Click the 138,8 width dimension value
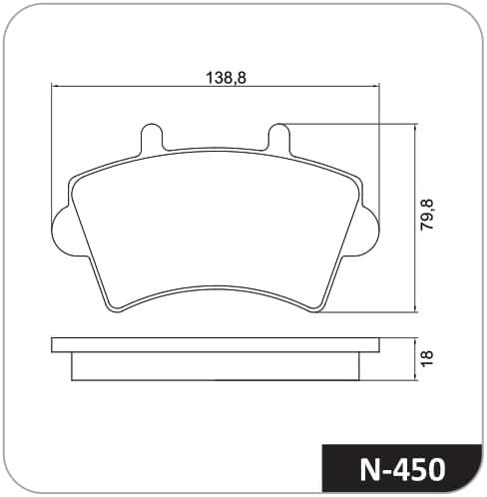(x=227, y=78)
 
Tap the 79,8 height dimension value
(x=427, y=215)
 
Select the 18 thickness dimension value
(x=427, y=358)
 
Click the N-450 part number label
(x=402, y=469)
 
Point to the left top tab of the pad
(x=152, y=137)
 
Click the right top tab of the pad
(x=278, y=137)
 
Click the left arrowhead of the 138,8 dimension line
(x=54, y=87)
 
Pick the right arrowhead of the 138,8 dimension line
(x=376, y=87)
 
